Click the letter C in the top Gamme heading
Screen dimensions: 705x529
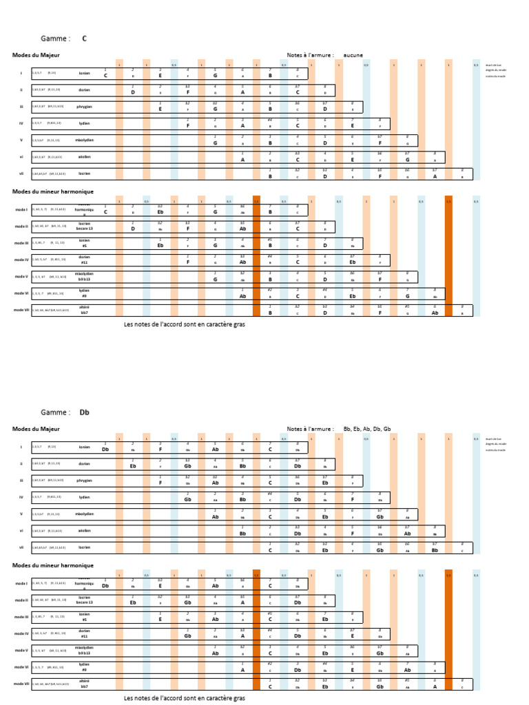pyautogui.click(x=85, y=39)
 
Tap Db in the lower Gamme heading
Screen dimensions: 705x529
pyautogui.click(x=85, y=412)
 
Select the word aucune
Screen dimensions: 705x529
pyautogui.click(x=353, y=55)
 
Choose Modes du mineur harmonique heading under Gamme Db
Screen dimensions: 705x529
pyautogui.click(x=52, y=565)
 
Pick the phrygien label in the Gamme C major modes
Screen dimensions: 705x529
pyautogui.click(x=84, y=106)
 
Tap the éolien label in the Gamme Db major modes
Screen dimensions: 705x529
pyautogui.click(x=84, y=530)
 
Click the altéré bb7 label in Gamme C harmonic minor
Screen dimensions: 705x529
pyautogui.click(x=84, y=311)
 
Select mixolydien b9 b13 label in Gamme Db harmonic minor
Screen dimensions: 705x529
pyautogui.click(x=84, y=651)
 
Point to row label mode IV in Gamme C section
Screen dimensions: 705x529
pyautogui.click(x=21, y=260)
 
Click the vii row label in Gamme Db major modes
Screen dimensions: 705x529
pyautogui.click(x=21, y=547)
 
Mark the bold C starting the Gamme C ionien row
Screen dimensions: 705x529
pyautogui.click(x=105, y=75)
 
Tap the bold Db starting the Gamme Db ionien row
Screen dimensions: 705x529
pyautogui.click(x=105, y=449)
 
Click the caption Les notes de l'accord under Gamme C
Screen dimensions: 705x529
pyautogui.click(x=184, y=324)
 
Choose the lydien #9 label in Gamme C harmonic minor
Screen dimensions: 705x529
pyautogui.click(x=84, y=293)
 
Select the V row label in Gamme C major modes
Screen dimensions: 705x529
pyautogui.click(x=21, y=140)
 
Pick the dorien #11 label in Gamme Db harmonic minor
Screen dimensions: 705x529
pyautogui.click(x=84, y=633)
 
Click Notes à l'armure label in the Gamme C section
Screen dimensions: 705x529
pyautogui.click(x=311, y=55)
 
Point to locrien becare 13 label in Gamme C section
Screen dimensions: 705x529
pyautogui.click(x=84, y=226)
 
